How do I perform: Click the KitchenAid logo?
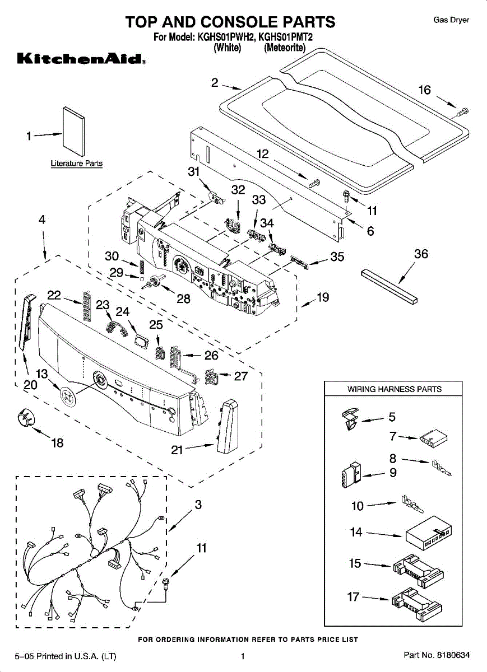click(81, 59)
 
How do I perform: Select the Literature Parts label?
click(76, 164)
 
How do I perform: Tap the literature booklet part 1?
click(73, 132)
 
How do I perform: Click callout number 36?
click(421, 254)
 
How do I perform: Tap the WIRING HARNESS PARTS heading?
click(394, 389)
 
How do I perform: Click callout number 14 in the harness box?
click(356, 533)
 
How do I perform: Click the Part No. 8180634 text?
click(437, 655)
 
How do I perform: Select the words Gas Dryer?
click(451, 20)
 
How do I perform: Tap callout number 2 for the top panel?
click(215, 82)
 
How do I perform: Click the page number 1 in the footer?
click(243, 656)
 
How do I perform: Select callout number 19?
click(323, 297)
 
